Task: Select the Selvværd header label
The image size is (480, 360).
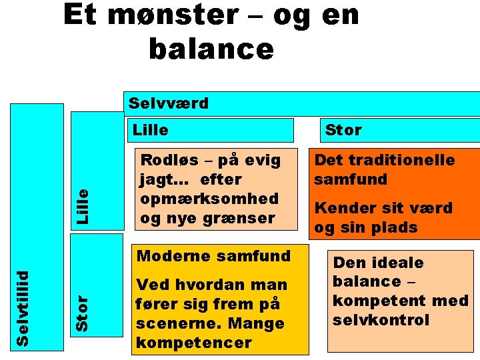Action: point(168,103)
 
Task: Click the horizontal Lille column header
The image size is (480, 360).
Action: point(151,130)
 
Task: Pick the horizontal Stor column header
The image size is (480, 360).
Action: point(343,130)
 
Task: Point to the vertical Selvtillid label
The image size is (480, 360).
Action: point(23,308)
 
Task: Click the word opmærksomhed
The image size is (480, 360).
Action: point(209,199)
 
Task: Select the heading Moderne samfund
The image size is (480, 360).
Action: point(213,255)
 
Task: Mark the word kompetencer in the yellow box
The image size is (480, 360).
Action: point(193,343)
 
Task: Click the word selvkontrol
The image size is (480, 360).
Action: point(381,320)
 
